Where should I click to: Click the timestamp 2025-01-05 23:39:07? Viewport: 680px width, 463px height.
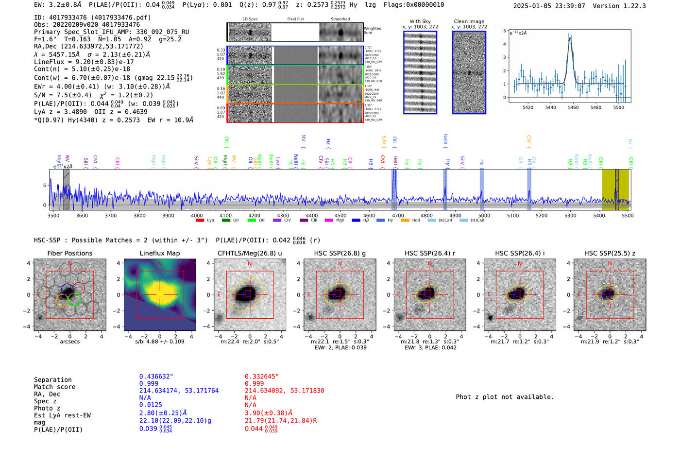[549, 6]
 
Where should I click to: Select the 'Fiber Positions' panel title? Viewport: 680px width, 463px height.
[69, 253]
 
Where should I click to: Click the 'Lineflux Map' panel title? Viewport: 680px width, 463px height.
[159, 253]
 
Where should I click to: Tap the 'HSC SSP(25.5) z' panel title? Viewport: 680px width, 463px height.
[610, 253]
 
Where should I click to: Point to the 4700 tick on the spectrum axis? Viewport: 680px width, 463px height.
[398, 215]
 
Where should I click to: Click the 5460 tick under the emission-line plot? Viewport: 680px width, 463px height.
[573, 107]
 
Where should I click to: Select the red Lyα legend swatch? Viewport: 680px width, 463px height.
[200, 221]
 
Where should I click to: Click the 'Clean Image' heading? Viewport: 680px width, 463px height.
[469, 21]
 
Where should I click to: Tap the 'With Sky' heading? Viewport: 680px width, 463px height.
[420, 21]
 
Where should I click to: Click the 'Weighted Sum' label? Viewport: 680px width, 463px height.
[372, 31]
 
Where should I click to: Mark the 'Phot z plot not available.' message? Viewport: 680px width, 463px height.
[505, 397]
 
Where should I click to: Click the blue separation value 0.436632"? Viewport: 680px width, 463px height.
[156, 377]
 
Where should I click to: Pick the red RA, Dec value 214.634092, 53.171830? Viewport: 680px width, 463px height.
[284, 391]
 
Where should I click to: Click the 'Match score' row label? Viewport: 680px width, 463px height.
[54, 387]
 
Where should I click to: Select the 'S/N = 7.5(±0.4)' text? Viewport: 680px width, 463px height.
[63, 95]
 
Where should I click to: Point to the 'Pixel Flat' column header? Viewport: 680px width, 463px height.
[295, 19]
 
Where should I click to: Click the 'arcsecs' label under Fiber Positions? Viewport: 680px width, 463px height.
[69, 342]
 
